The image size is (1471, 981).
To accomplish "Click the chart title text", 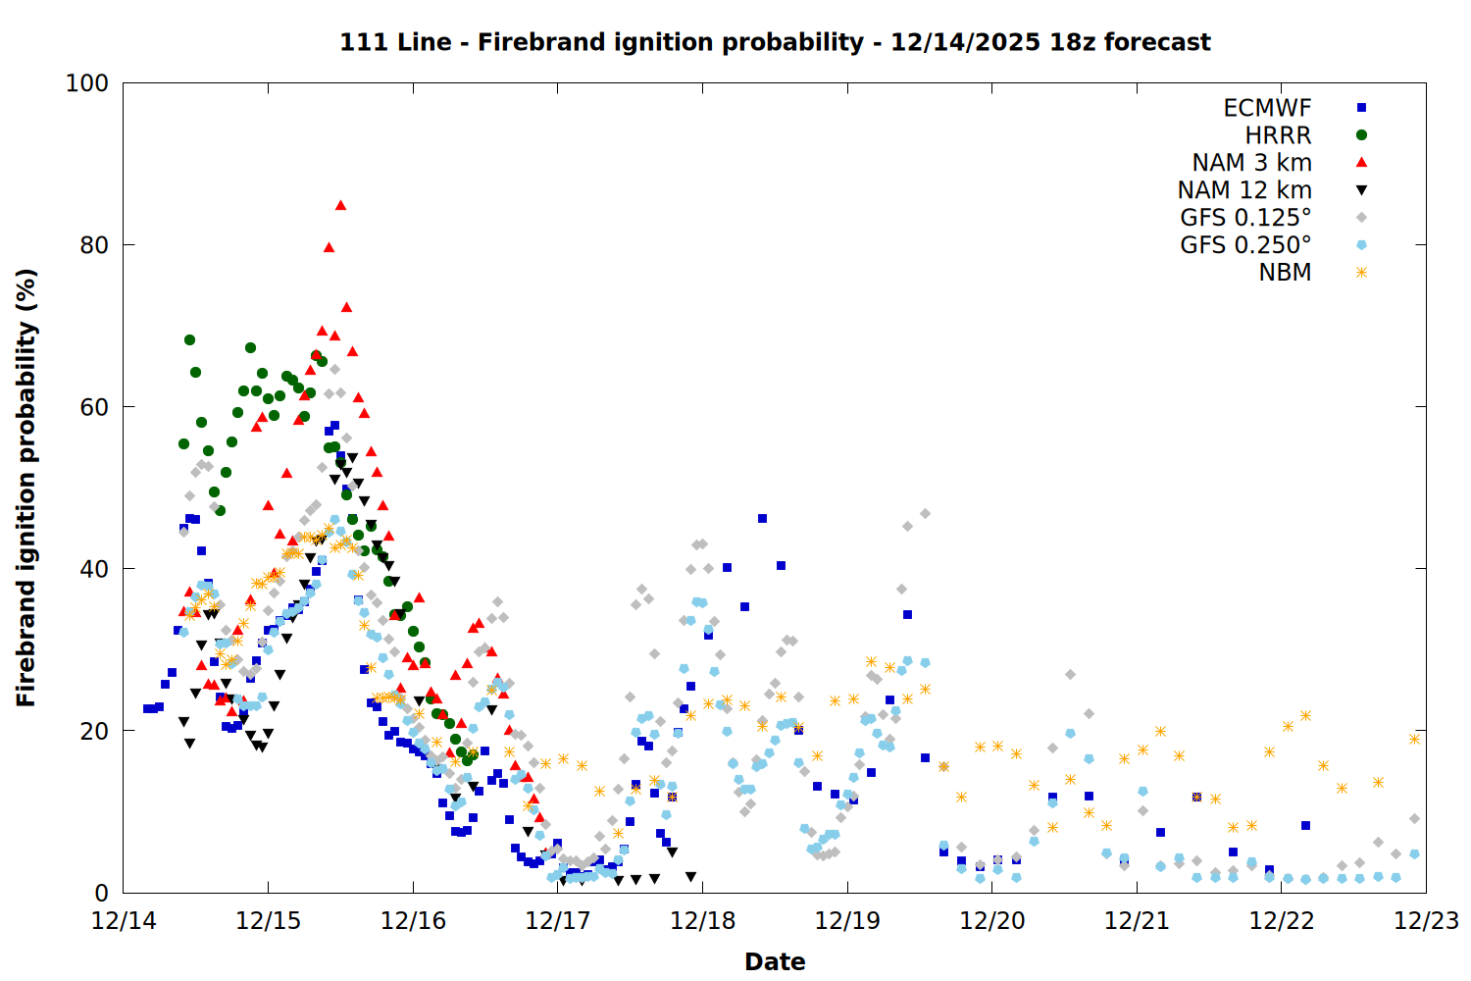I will coord(775,42).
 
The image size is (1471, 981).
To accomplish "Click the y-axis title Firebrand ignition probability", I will coord(26,488).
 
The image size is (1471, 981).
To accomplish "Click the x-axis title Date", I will coord(775,961).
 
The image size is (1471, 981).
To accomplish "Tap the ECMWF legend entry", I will coord(1267,108).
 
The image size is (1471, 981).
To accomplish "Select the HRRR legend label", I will coord(1278,135).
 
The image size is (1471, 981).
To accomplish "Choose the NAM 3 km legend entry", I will coord(1251,163).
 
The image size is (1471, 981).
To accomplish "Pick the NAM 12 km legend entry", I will coord(1244,190).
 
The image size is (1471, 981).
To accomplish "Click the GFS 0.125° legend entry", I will coord(1245,218).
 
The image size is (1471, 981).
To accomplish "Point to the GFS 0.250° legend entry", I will coord(1245,245).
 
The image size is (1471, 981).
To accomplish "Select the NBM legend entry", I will coord(1285,273).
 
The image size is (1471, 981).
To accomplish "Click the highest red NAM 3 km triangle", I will coord(340,205).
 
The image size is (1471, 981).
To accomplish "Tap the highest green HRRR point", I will coord(189,339).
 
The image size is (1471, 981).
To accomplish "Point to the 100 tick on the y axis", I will coord(86,83).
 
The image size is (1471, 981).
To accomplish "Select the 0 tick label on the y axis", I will coord(101,893).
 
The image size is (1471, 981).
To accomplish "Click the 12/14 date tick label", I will coord(124,921).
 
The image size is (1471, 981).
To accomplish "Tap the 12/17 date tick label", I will coord(558,921).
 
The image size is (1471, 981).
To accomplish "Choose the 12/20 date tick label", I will coord(992,921).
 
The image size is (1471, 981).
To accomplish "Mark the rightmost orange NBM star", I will coord(1414,739).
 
